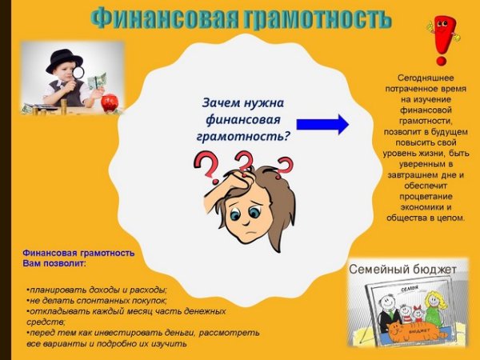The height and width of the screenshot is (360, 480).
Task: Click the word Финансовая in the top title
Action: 153,18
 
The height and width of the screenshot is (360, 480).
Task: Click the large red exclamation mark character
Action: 440,40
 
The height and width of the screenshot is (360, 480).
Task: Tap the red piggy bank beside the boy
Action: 110,102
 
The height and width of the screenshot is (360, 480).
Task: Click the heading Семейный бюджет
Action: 402,270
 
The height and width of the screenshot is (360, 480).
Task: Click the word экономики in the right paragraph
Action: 420,206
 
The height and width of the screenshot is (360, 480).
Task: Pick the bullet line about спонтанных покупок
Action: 97,300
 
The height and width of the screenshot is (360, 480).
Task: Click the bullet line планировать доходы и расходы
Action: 97,289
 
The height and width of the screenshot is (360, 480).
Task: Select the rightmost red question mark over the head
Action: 284,166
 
